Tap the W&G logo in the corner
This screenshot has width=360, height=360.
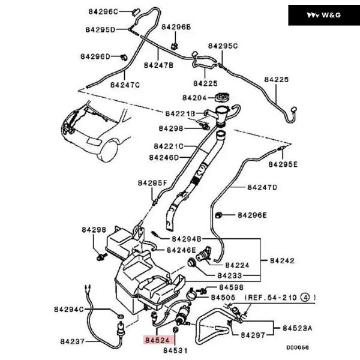coord(324,15)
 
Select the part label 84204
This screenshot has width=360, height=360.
coord(194,98)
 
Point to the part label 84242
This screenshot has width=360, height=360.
coord(281,260)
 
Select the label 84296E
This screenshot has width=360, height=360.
coord(252,215)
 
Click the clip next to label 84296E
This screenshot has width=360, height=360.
coord(220,214)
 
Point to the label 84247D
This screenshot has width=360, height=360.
coord(262,187)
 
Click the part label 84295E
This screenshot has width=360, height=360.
coord(283,164)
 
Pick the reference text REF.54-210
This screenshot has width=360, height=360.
coord(273,297)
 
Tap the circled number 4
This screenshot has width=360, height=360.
coord(305,297)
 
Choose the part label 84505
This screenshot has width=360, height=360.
coord(223,297)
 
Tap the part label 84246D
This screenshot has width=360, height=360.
coord(164,158)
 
